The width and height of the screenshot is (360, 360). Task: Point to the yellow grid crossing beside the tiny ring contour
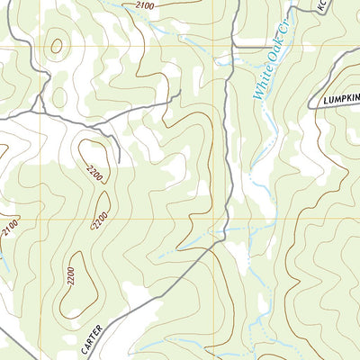tap(40, 47)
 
